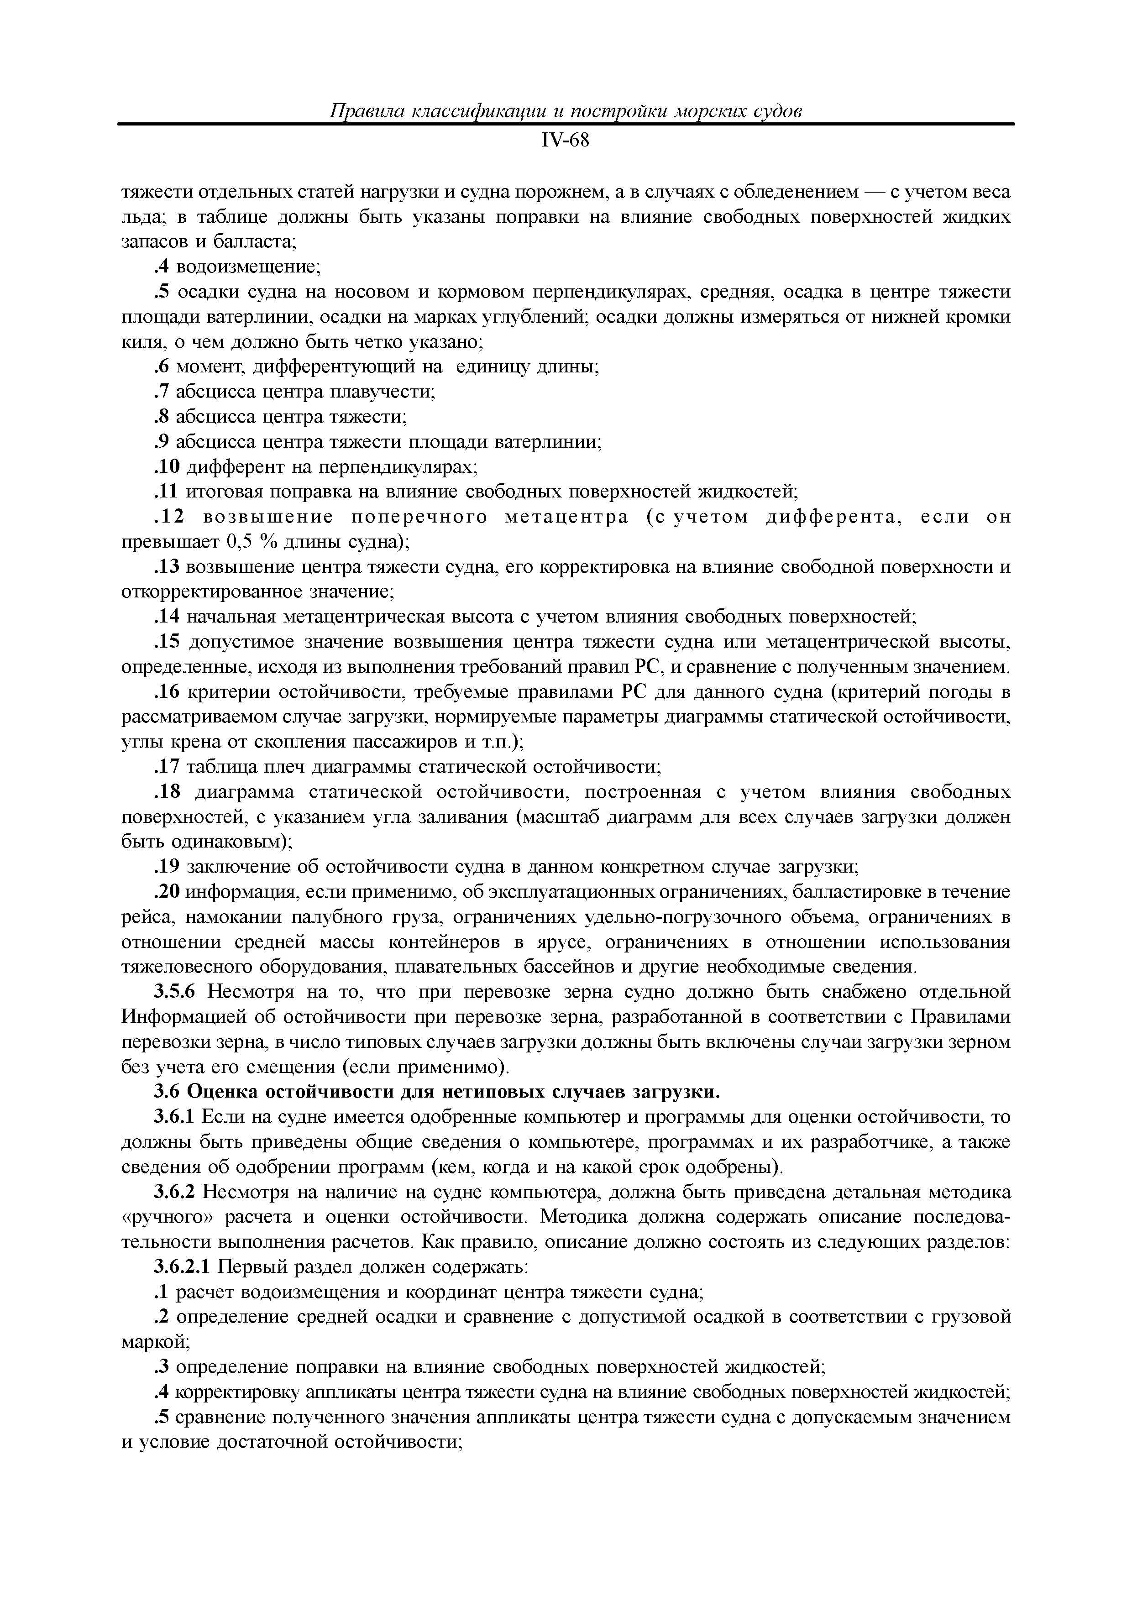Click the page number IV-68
(565, 141)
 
